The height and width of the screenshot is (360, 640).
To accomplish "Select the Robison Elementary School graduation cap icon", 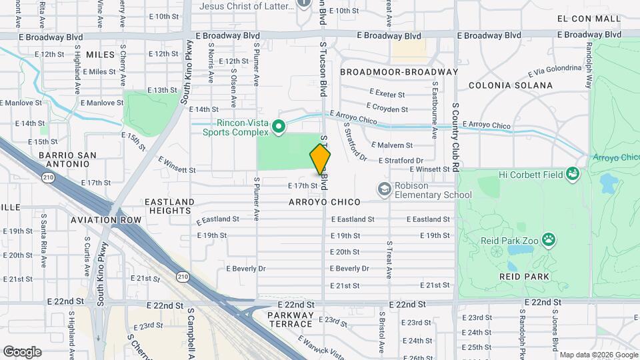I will coord(384,190).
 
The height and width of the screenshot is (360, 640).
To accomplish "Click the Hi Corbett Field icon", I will coord(572,175).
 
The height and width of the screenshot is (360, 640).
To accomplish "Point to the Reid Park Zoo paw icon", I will coord(548,239).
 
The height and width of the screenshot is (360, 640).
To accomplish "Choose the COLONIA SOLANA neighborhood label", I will coord(511,85).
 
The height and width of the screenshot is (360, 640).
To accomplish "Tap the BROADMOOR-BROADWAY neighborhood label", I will coord(399,72).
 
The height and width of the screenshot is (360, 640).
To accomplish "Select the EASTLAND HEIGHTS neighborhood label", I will coord(169,206).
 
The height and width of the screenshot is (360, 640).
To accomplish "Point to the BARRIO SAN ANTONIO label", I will coord(67,160).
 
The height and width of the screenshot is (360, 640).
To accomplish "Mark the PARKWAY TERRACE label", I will coord(290,319).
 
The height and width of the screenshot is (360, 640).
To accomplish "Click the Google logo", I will coord(22,352).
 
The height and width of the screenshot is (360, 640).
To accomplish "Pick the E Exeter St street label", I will coord(386,95).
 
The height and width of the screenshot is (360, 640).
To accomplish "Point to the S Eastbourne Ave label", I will coord(434,110).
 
